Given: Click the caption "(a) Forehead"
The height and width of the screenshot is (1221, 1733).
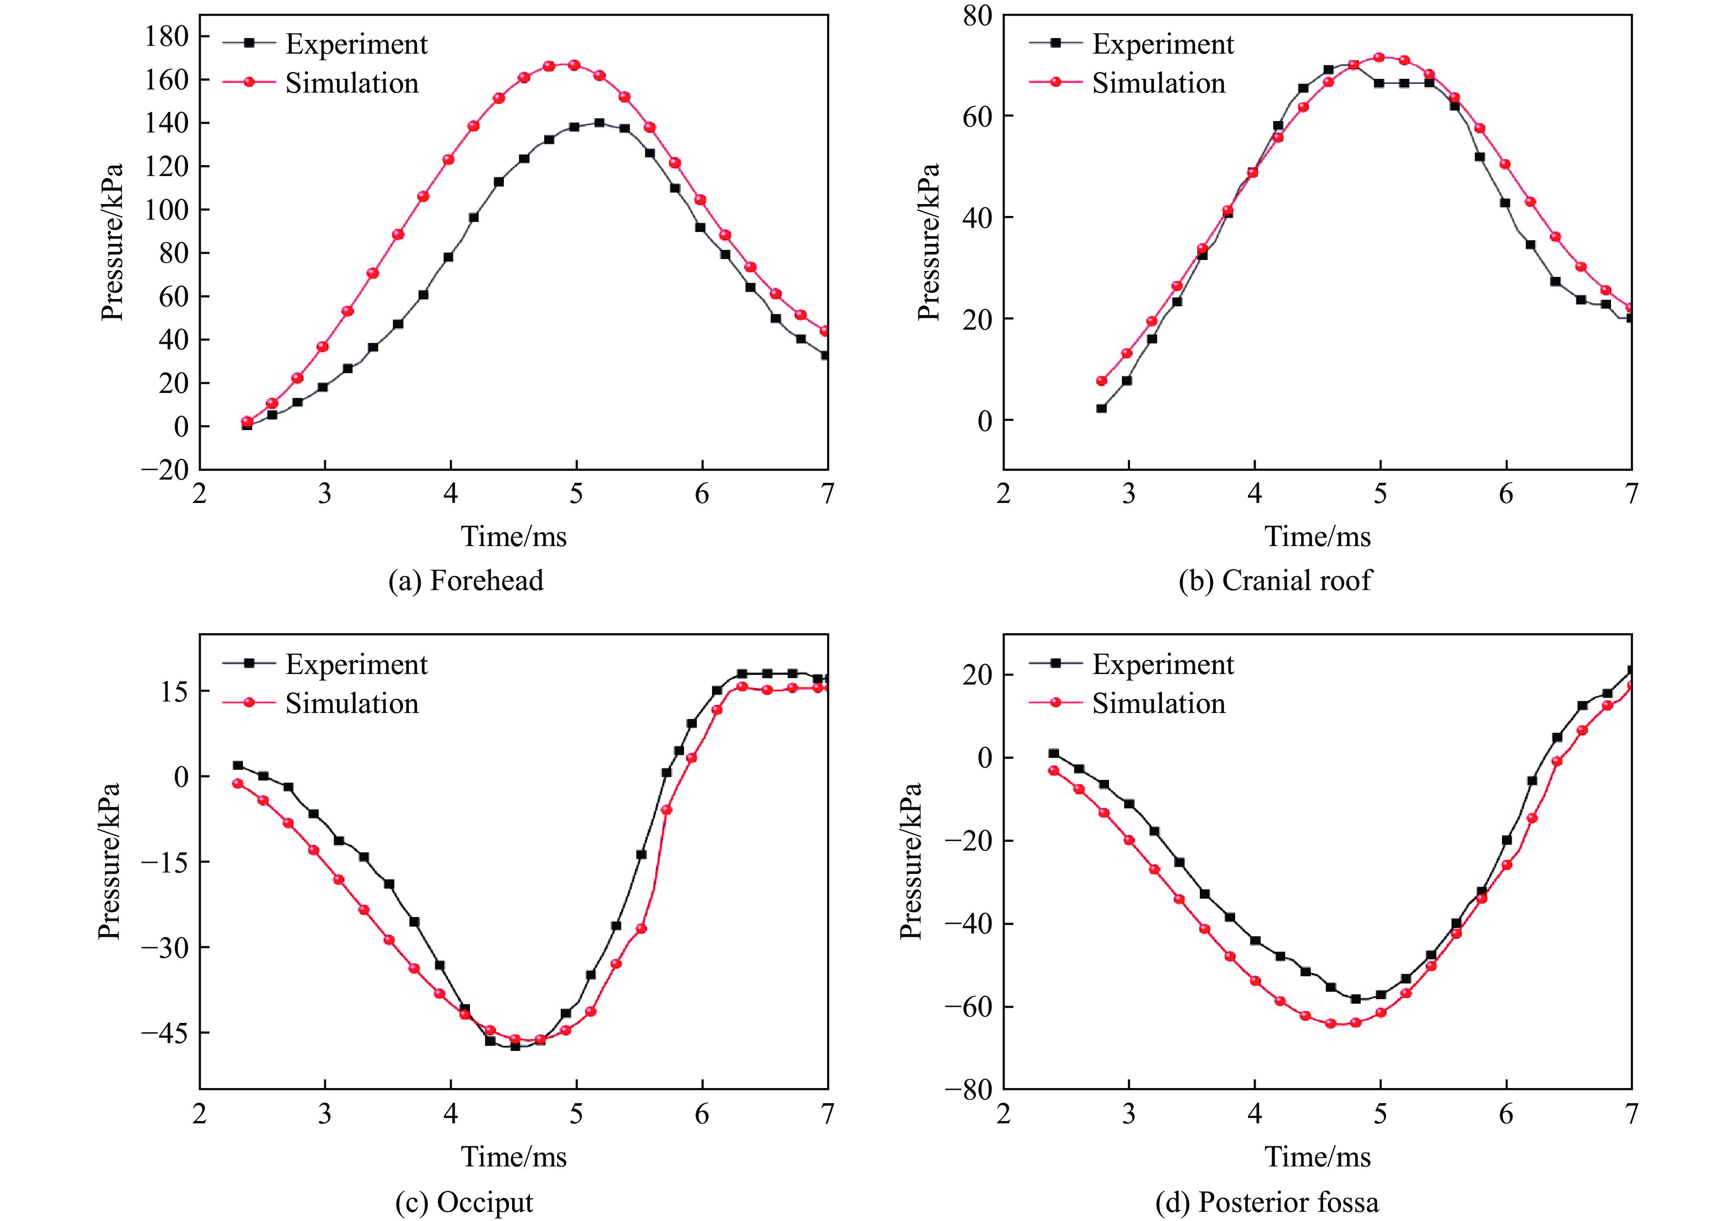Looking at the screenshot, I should coord(466,580).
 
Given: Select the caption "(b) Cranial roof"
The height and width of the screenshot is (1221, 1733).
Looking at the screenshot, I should coord(1275,580).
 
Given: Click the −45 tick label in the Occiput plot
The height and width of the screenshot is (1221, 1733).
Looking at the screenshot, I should coord(165,1033).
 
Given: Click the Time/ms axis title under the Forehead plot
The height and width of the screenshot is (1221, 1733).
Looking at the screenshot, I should coord(513,536).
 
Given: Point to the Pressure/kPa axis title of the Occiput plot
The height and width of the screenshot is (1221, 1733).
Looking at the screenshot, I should coord(110,861).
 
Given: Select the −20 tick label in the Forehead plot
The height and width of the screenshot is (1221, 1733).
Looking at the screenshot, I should coord(165,470).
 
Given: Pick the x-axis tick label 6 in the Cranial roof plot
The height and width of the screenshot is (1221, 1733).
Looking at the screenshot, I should coord(1506,493).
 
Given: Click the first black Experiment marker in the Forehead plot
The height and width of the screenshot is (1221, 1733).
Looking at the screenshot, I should coord(247,425).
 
